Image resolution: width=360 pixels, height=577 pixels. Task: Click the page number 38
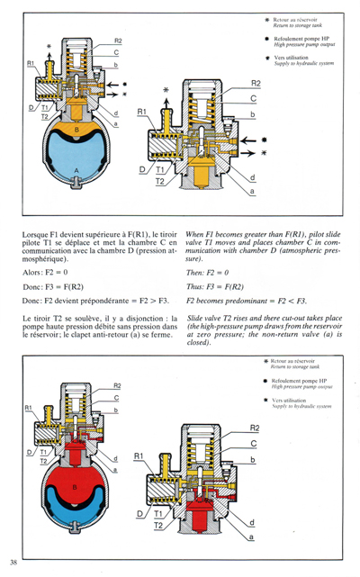(13, 563)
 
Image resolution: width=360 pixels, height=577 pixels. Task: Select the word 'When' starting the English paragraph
(195, 235)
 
